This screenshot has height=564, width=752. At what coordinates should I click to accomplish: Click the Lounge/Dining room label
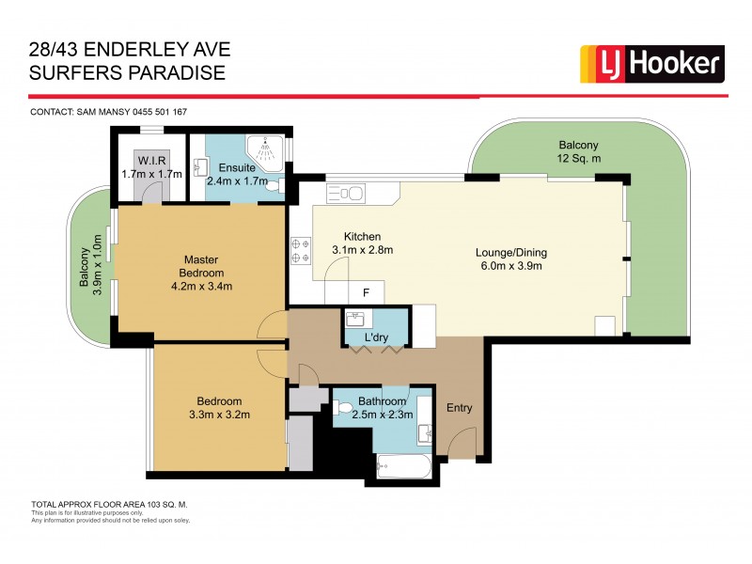510,258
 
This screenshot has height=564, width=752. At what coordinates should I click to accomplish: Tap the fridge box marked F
366,291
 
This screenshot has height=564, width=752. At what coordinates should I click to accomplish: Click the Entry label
458,408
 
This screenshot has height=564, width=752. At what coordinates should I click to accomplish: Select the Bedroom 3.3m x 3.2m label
218,407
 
